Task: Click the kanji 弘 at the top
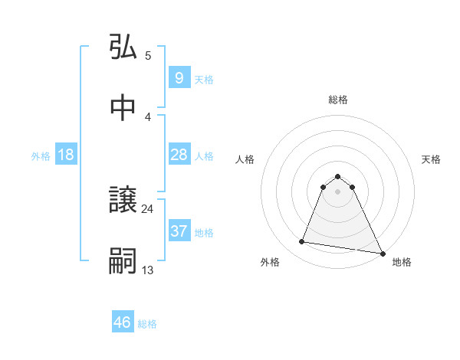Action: pyautogui.click(x=123, y=48)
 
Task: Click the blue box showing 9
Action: pyautogui.click(x=179, y=77)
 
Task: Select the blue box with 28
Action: pyautogui.click(x=179, y=155)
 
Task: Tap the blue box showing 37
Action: pyautogui.click(x=179, y=231)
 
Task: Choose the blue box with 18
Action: pyautogui.click(x=66, y=155)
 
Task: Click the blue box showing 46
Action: pyautogui.click(x=123, y=322)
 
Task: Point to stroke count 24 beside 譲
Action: pyautogui.click(x=147, y=208)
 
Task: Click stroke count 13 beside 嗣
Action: pyautogui.click(x=147, y=269)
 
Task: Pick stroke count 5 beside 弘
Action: pyautogui.click(x=147, y=55)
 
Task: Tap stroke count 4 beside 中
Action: pyautogui.click(x=147, y=116)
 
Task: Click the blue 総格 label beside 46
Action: pyautogui.click(x=147, y=324)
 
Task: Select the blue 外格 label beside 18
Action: pyautogui.click(x=41, y=156)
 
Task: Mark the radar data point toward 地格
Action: pyautogui.click(x=382, y=252)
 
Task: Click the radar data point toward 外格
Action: pyautogui.click(x=302, y=242)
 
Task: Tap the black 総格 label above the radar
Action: pyautogui.click(x=338, y=100)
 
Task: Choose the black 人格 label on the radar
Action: pyautogui.click(x=245, y=159)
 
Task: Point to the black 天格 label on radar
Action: pyautogui.click(x=431, y=159)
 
